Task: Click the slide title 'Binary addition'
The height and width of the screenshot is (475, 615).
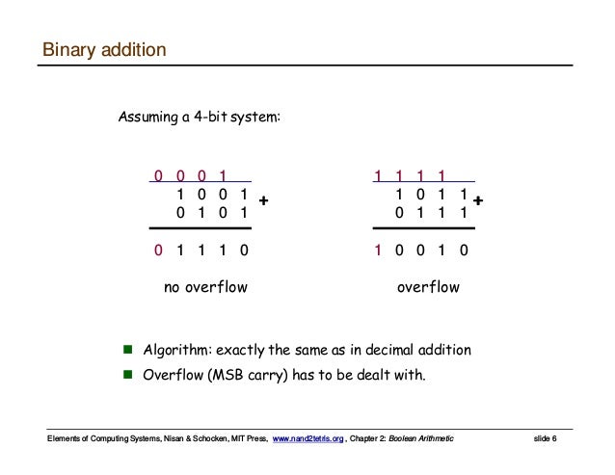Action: click(104, 49)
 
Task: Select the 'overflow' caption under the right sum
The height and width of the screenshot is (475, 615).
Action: click(429, 287)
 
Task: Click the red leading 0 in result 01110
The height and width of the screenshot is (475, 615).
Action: click(158, 251)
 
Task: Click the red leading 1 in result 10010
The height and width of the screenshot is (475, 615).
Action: click(380, 251)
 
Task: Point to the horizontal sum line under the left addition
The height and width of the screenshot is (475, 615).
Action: click(199, 229)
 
